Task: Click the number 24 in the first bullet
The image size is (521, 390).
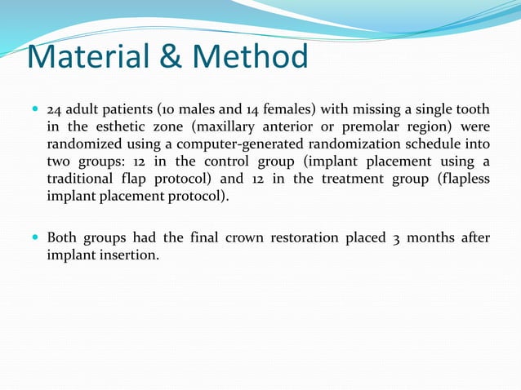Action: pyautogui.click(x=56, y=110)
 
